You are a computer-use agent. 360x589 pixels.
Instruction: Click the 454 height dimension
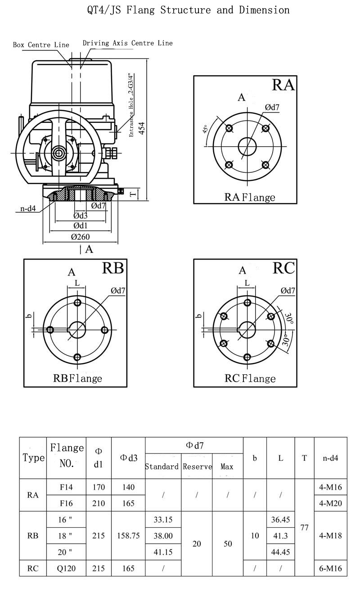(142, 128)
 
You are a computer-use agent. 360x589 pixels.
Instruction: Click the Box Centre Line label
(41, 45)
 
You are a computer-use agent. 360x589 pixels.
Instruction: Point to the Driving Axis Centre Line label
(127, 43)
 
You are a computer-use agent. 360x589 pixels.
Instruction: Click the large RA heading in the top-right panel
(283, 85)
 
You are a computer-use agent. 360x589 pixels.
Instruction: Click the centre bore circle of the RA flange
(247, 147)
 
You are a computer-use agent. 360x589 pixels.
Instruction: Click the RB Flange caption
(77, 378)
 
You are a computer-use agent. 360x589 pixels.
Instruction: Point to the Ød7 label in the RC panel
(288, 290)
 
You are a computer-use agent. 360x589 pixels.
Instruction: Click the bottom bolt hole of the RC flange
(247, 357)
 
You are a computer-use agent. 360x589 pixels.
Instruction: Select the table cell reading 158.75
(128, 535)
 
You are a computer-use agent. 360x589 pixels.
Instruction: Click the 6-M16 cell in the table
(330, 568)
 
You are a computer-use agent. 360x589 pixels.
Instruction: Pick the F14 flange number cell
(66, 487)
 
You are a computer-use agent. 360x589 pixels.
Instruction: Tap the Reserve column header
(197, 467)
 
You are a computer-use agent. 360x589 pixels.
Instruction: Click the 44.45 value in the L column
(280, 552)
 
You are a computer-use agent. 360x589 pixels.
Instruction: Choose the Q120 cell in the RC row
(66, 568)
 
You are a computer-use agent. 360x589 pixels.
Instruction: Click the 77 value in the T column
(304, 527)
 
